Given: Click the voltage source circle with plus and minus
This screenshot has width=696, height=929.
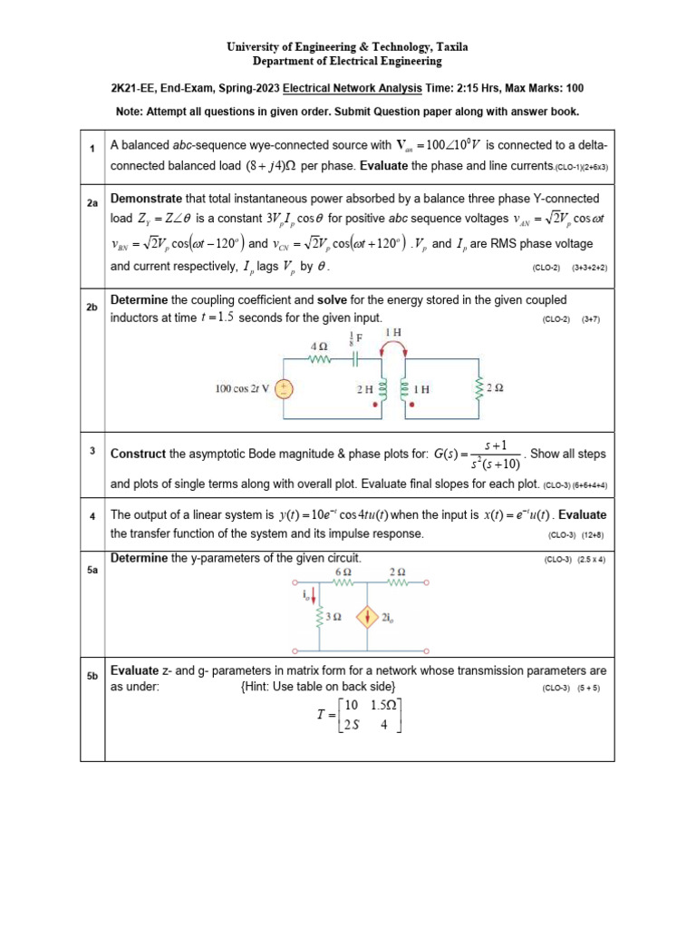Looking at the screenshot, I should coord(284,389).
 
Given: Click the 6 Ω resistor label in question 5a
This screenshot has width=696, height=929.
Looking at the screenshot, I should coord(343,573).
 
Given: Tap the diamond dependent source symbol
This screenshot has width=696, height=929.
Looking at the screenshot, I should coord(367,618).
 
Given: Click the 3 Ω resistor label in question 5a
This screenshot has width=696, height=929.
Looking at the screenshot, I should coord(333,618).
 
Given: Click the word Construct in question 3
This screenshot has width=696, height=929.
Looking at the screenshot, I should coord(139,454).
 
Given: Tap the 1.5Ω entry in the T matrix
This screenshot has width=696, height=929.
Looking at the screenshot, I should coord(386,705).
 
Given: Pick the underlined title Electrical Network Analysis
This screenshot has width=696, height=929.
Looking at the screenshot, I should coord(352,89).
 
